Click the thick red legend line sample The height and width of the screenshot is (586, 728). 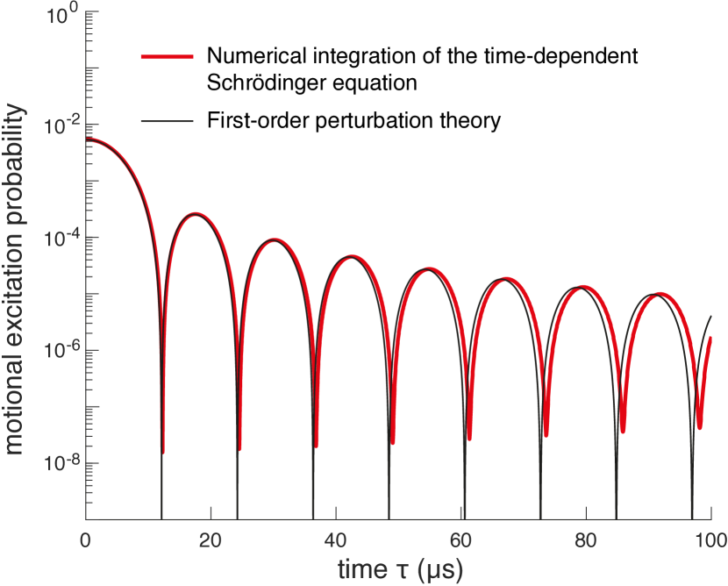(x=167, y=57)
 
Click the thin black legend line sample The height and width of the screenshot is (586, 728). (x=167, y=120)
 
